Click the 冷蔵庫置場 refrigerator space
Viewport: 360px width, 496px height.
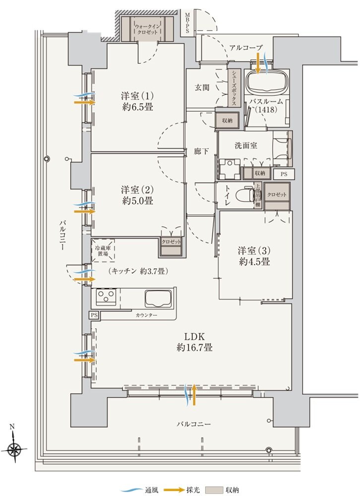103,249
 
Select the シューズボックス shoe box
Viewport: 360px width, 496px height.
233,88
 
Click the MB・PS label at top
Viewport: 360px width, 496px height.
188,23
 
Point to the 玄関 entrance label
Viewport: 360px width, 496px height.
201,87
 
